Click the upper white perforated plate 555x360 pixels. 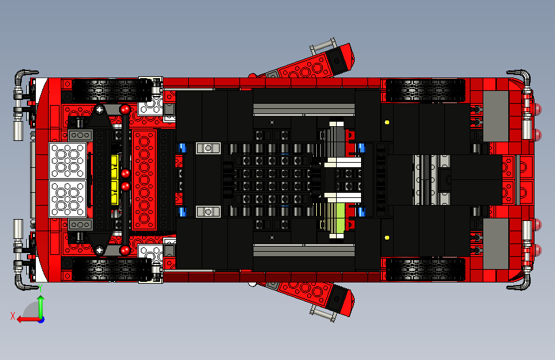point(67,160)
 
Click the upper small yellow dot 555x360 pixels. point(387,122)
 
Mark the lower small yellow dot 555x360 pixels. point(387,238)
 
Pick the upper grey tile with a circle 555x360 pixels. point(207,148)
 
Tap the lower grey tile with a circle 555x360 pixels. point(207,211)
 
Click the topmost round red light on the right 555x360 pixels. point(540,107)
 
